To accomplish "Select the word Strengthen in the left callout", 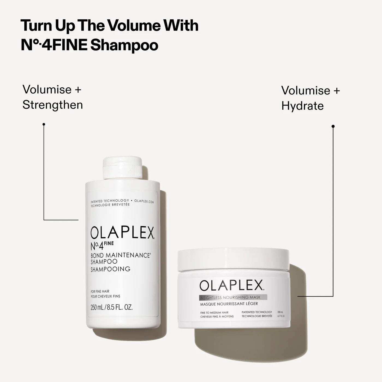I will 53,105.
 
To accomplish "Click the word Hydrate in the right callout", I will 302,106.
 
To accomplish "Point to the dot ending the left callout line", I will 44,124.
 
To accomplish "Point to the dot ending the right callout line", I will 333,126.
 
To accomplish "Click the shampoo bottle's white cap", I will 122,167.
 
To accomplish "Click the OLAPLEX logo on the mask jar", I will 231,286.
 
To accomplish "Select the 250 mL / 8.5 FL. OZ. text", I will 111,308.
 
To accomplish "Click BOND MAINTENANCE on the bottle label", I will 120,255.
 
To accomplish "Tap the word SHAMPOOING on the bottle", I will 110,269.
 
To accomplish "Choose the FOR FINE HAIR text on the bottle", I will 100,291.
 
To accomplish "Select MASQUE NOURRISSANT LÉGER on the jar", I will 229,304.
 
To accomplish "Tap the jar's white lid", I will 233,259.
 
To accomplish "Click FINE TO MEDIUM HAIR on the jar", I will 214,312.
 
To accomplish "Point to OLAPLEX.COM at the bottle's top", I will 144,201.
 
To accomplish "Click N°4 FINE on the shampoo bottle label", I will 102,246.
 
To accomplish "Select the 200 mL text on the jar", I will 280,312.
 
